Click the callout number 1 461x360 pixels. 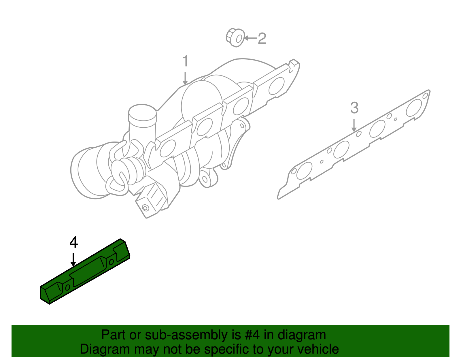click(x=185, y=61)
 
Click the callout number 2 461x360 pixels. click(x=262, y=38)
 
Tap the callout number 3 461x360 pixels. click(x=354, y=108)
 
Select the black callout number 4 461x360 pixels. click(x=74, y=242)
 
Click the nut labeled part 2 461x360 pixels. click(x=235, y=38)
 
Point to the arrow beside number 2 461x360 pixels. click(x=250, y=38)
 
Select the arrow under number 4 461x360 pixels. click(x=73, y=259)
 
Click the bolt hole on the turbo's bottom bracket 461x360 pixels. click(x=145, y=208)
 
